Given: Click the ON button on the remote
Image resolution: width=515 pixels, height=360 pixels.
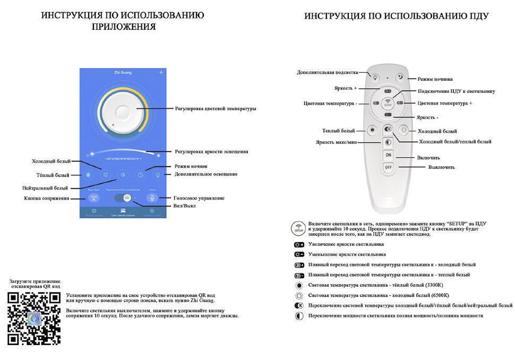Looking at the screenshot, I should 388,155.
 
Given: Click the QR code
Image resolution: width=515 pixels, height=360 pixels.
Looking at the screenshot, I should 33,319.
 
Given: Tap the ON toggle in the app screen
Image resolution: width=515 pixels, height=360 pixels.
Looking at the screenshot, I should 126,198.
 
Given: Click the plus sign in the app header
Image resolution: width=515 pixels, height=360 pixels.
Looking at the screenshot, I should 161,72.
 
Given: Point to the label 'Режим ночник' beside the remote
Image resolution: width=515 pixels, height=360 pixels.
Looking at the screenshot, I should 434,79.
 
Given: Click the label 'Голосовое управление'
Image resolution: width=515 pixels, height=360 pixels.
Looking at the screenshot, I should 199,198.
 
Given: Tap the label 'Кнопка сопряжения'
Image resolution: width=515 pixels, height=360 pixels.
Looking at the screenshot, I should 47,198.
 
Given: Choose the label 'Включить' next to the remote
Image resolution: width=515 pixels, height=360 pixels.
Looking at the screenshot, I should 428,158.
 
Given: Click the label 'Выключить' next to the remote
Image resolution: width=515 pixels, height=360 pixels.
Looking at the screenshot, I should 441,167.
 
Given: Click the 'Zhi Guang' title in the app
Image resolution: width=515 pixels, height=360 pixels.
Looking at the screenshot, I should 123,72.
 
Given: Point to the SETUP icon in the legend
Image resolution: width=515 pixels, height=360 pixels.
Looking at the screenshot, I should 298,228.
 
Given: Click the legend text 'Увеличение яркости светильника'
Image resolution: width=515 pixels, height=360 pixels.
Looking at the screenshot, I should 346,244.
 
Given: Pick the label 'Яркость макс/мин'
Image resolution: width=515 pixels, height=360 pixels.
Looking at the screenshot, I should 337,142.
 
